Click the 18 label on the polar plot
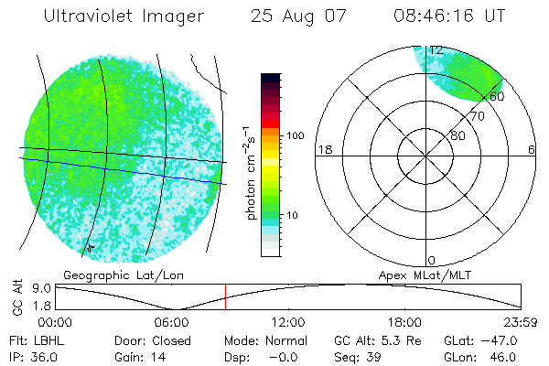323,150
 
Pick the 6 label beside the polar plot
532,150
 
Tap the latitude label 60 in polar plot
497,95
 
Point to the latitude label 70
477,116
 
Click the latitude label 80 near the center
457,135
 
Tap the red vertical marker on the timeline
225,296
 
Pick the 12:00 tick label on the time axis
288,322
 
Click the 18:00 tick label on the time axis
404,322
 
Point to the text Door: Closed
153,340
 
